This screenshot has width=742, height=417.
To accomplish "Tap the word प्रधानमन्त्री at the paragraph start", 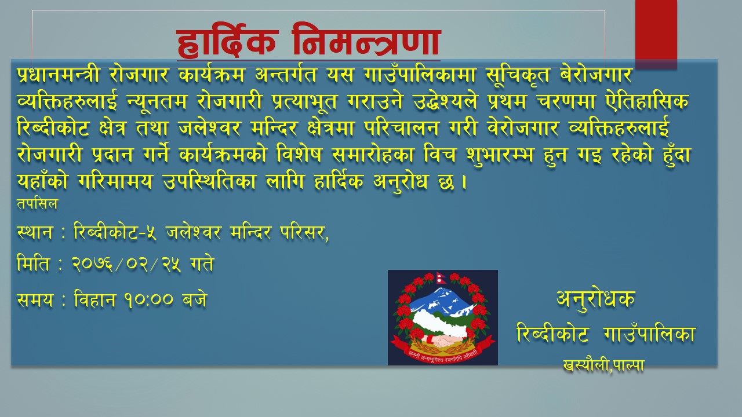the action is pyautogui.click(x=58, y=75).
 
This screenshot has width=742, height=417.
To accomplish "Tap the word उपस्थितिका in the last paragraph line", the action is pyautogui.click(x=209, y=181).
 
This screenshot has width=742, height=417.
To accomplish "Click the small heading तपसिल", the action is pyautogui.click(x=37, y=204).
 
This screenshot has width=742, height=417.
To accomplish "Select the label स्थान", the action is pyautogui.click(x=34, y=232).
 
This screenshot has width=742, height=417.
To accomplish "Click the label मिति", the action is pyautogui.click(x=33, y=264).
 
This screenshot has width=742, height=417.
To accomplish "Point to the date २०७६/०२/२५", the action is pyautogui.click(x=126, y=265).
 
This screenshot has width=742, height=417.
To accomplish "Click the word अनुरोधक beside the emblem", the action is pyautogui.click(x=595, y=299).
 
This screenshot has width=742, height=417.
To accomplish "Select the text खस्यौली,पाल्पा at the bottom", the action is pyautogui.click(x=603, y=365).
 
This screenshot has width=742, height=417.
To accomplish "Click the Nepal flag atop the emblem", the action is pyautogui.click(x=441, y=277).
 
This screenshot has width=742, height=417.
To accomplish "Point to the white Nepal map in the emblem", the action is pyautogui.click(x=441, y=324).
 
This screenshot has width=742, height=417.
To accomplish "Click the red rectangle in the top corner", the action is pyautogui.click(x=656, y=34).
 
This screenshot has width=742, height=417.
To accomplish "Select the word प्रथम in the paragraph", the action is pyautogui.click(x=507, y=102).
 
